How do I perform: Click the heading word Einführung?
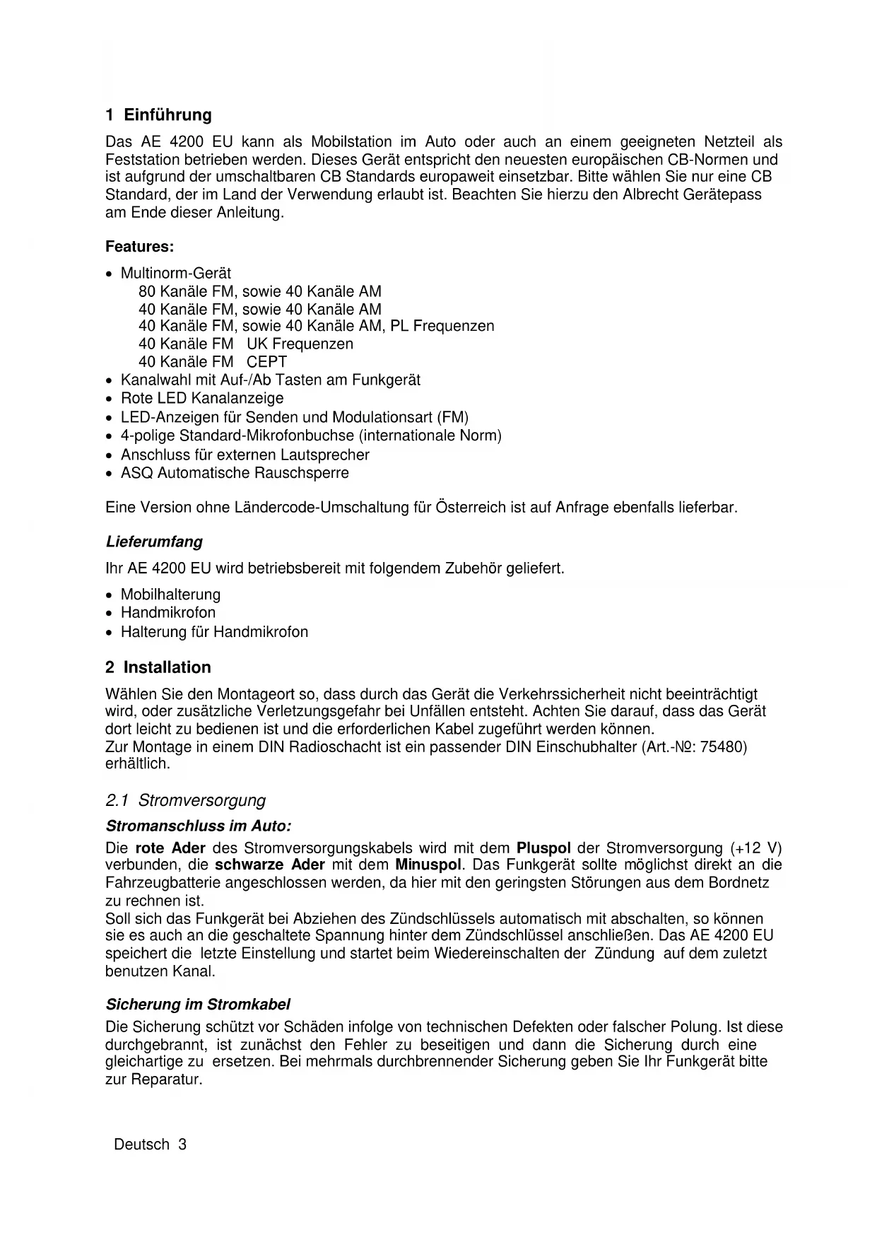[167, 115]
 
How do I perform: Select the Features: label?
[139, 247]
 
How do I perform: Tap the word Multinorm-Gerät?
[176, 273]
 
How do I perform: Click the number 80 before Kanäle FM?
[147, 291]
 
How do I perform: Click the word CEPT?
[267, 362]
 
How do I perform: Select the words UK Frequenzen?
[300, 344]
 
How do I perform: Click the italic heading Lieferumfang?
[154, 542]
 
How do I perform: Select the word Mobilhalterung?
[170, 595]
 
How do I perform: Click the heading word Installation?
[167, 667]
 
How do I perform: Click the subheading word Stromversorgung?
[202, 800]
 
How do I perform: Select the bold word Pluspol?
[543, 848]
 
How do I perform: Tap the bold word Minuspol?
[428, 865]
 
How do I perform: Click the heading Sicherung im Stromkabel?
[198, 1005]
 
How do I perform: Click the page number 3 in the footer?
[182, 1145]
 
